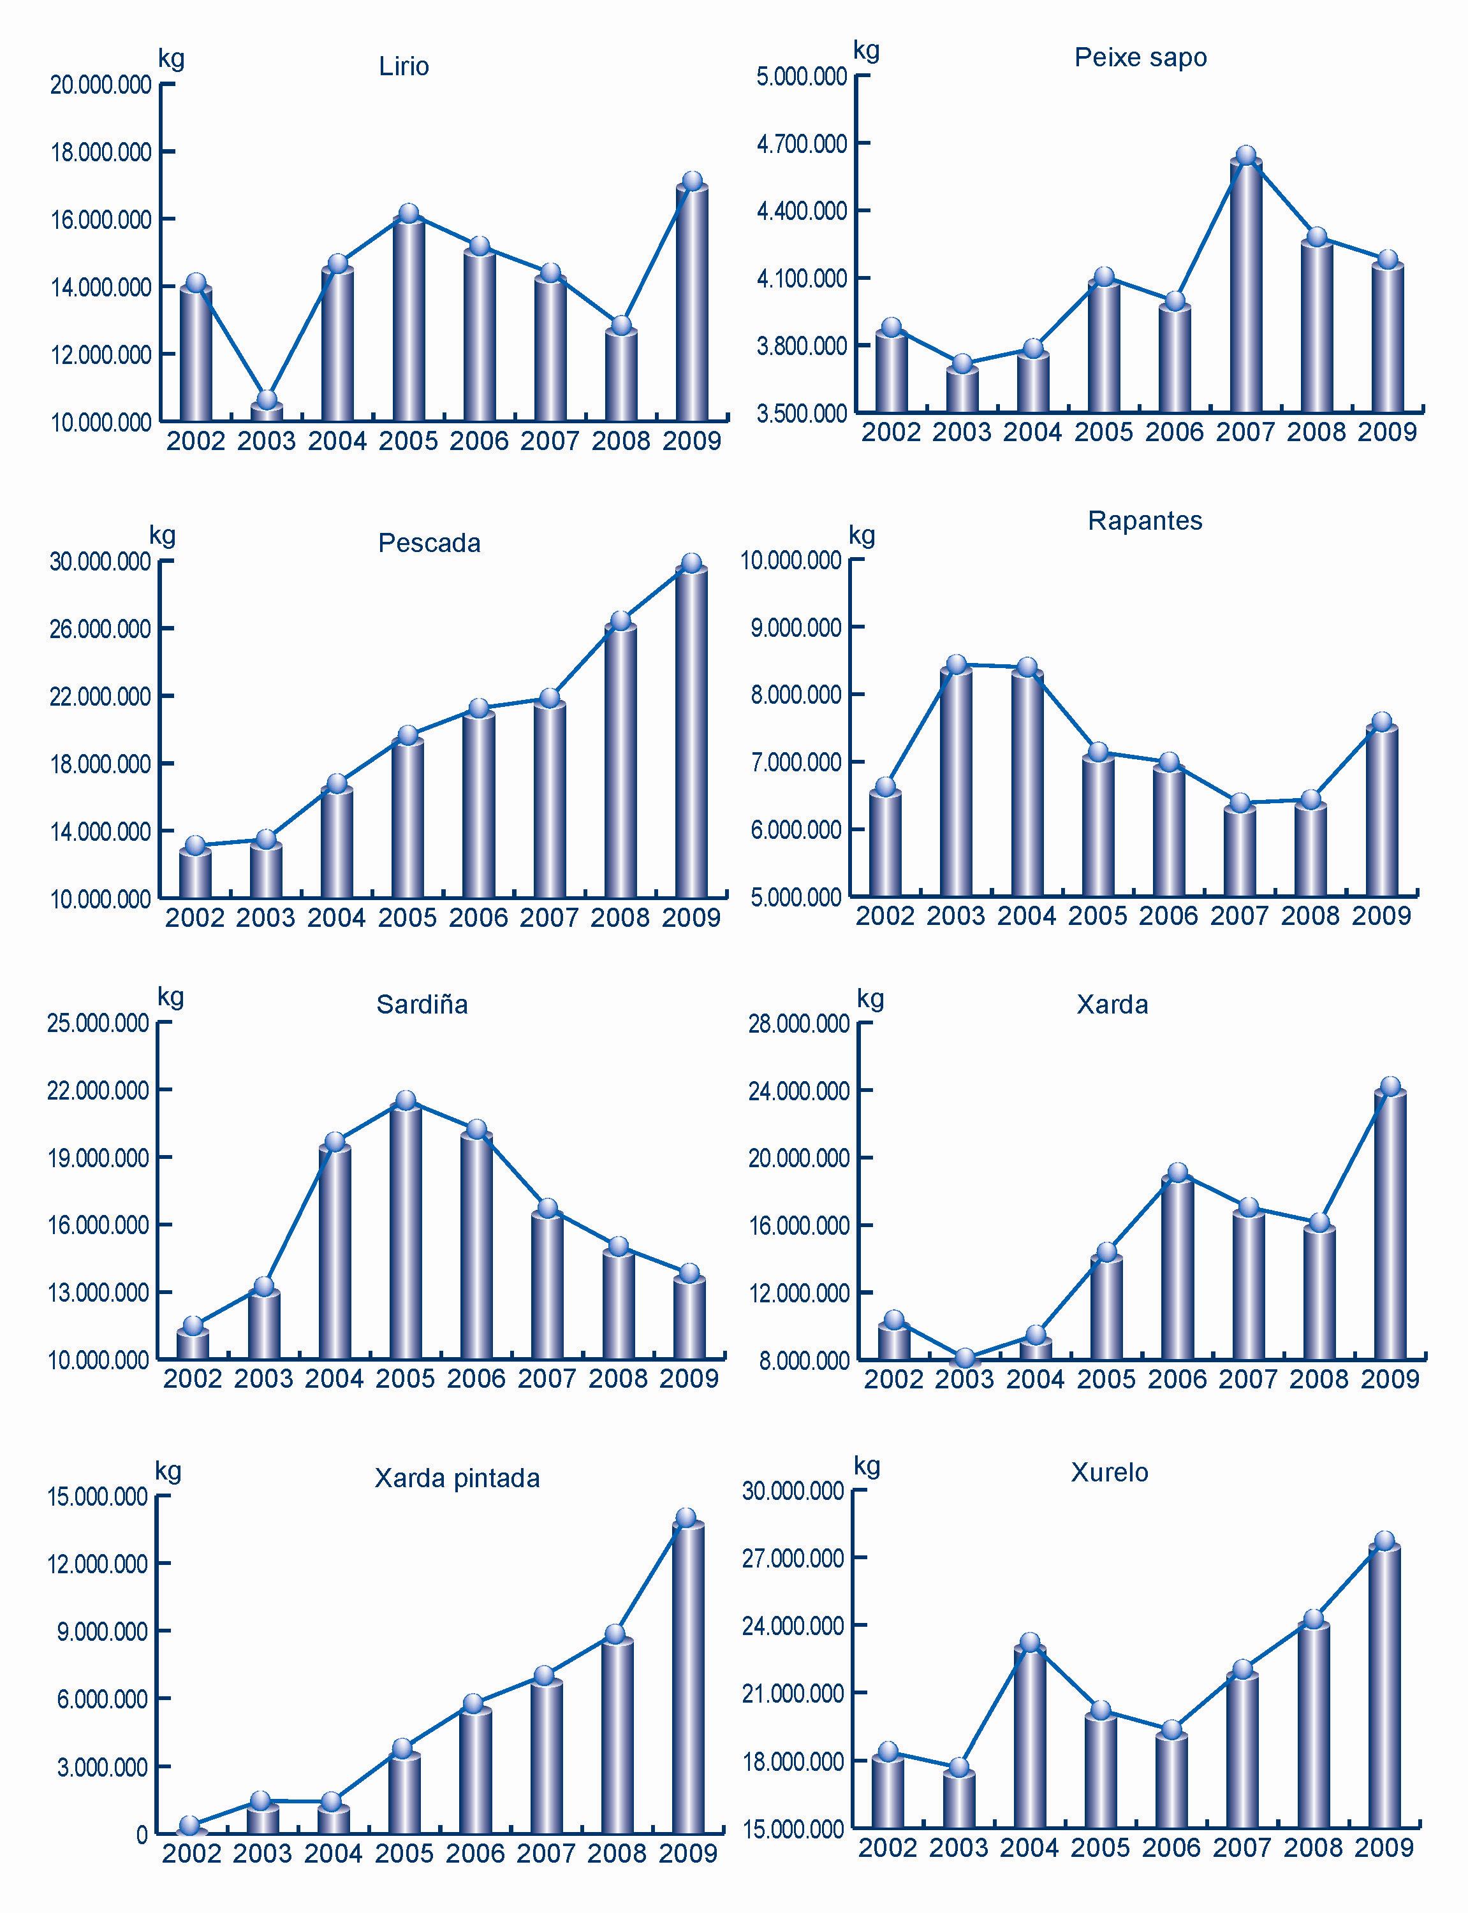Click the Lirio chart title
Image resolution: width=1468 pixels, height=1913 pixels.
click(x=404, y=66)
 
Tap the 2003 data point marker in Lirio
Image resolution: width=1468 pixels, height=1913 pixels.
click(x=267, y=400)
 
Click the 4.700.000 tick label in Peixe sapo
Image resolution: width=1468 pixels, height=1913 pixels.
click(x=802, y=143)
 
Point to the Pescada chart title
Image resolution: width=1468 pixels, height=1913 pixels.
click(x=429, y=543)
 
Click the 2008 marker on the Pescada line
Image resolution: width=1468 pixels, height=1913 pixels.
click(x=620, y=621)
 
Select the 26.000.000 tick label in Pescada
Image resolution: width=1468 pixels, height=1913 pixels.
click(x=99, y=629)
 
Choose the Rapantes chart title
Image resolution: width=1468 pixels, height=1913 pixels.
click(x=1145, y=521)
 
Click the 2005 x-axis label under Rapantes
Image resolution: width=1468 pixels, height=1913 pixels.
click(x=1097, y=915)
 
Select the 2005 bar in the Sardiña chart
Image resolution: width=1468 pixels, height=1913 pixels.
click(x=406, y=1232)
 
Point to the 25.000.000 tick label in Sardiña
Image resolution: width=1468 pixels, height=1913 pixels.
click(x=98, y=1023)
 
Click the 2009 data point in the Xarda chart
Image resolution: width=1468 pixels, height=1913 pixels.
click(x=1390, y=1087)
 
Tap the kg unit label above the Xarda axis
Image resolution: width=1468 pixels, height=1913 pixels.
click(x=870, y=998)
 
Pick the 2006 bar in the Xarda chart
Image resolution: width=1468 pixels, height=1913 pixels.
click(x=1177, y=1267)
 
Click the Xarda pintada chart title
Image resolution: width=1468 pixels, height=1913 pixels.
click(x=457, y=1478)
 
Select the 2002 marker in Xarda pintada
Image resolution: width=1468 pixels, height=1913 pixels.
click(x=191, y=1825)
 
